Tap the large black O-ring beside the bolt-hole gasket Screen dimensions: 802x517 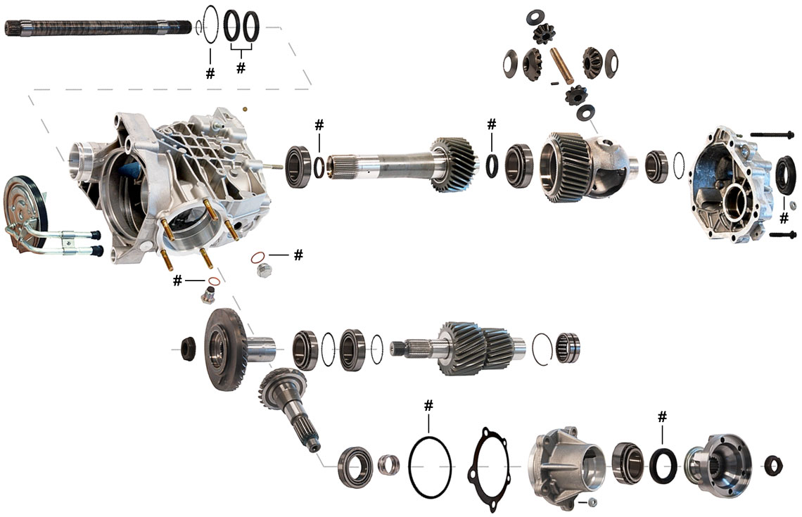(x=430, y=466)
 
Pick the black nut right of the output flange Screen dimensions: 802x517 (x=773, y=466)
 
